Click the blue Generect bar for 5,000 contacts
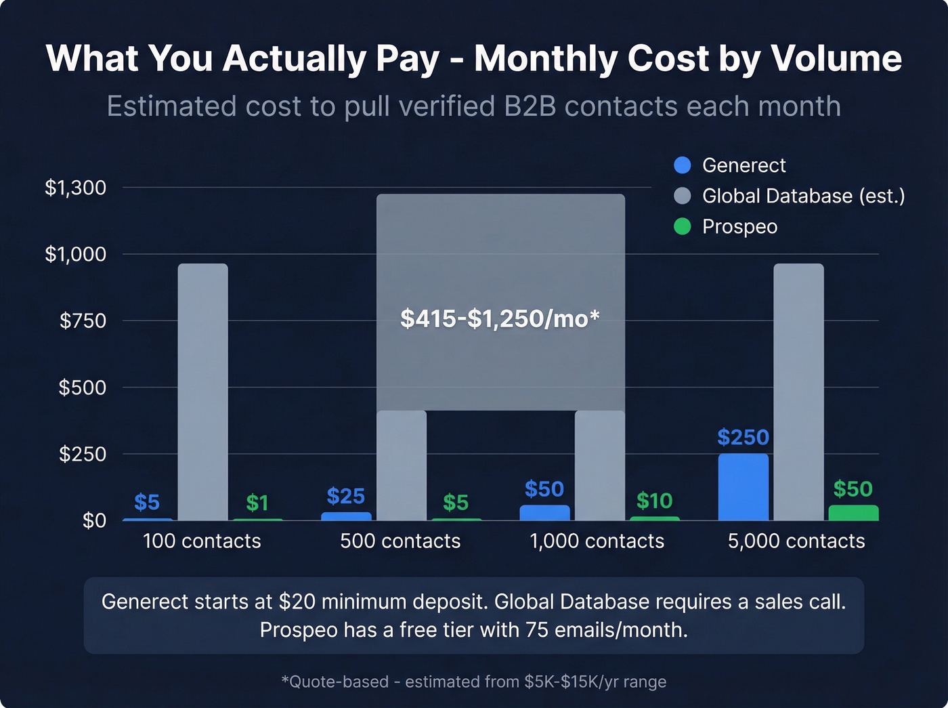[x=743, y=486]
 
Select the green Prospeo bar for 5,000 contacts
[x=853, y=513]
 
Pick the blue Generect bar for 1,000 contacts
[x=544, y=513]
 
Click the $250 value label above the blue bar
[x=743, y=438]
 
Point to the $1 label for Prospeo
[x=257, y=503]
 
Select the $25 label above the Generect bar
[x=346, y=497]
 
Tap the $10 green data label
[x=654, y=501]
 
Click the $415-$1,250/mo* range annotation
[x=500, y=318]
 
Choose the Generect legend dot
[x=683, y=165]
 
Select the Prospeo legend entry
[x=739, y=226]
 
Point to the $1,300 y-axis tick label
[x=76, y=188]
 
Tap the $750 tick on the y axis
[x=83, y=320]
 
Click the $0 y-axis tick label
[x=94, y=520]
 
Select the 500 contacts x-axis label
[x=400, y=541]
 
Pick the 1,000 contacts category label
[x=597, y=541]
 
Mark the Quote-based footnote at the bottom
[x=473, y=682]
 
